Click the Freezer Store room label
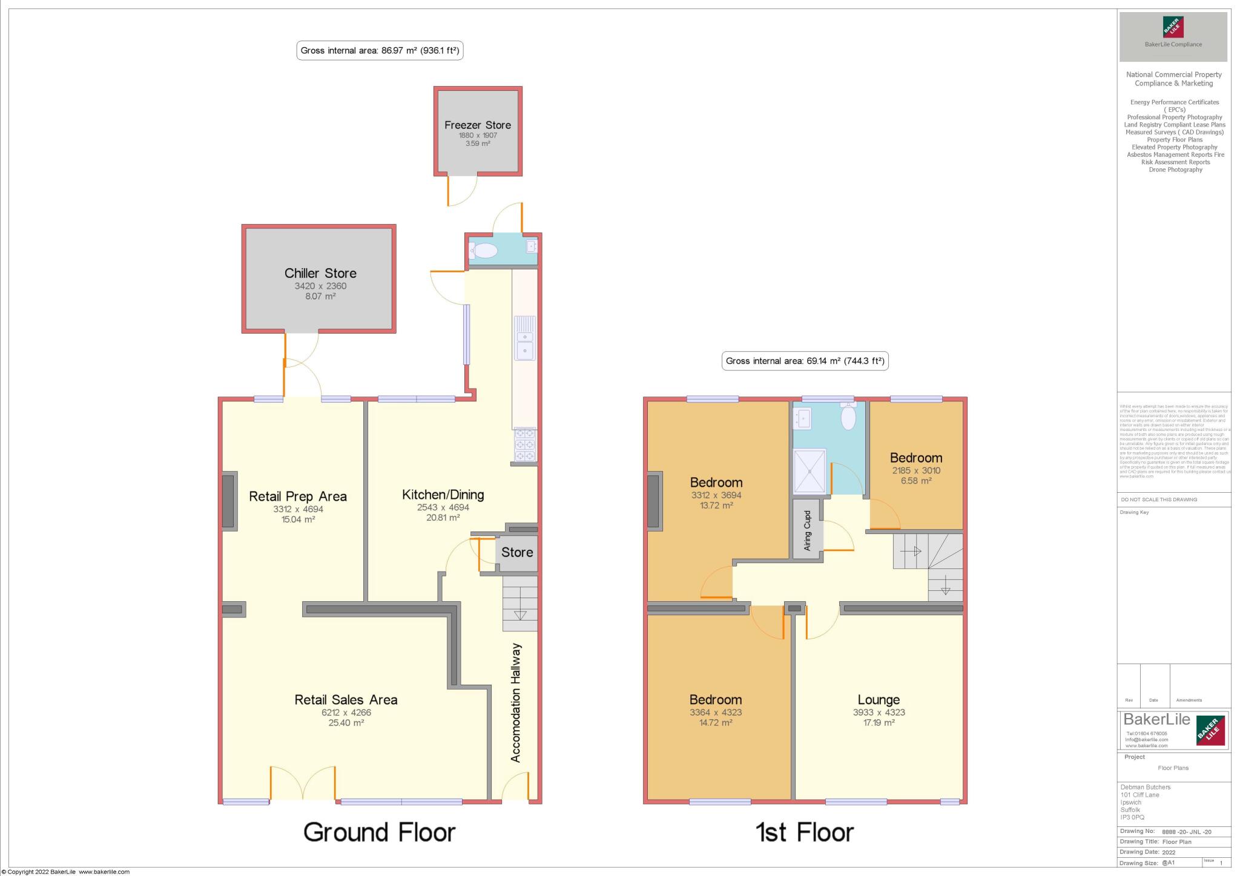pos(477,125)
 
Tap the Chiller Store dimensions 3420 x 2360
pos(320,286)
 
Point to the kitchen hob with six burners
pos(525,445)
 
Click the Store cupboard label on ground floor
pos(516,552)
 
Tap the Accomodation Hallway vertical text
pos(516,702)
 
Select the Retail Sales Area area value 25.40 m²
pos(346,723)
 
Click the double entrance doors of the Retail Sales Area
pos(303,784)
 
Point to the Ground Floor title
pos(379,832)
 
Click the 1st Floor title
pos(804,832)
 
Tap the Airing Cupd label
pos(807,530)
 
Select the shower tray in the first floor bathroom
pos(810,472)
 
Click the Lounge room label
pos(878,700)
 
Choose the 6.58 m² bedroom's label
pos(915,458)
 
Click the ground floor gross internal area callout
pos(380,51)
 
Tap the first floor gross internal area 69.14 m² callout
pos(805,361)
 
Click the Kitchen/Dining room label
pos(443,495)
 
